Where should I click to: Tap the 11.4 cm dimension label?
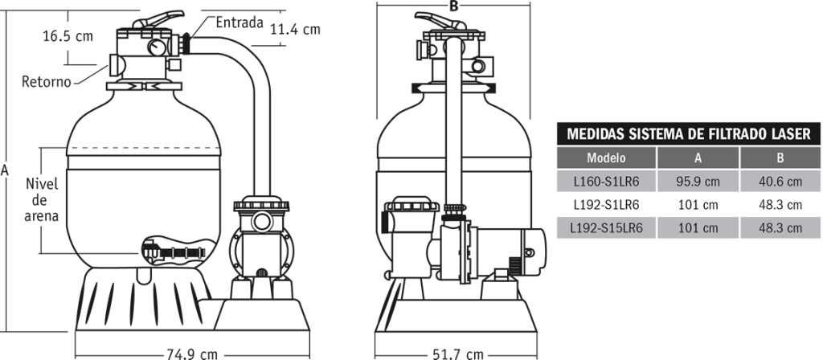pos(295,30)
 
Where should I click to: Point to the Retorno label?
pos(47,81)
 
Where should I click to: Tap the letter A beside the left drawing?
pos(6,170)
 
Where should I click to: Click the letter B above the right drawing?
pos(454,6)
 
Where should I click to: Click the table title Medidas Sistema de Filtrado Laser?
pos(688,134)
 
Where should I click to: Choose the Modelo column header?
pos(606,158)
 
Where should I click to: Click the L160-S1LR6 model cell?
pos(606,182)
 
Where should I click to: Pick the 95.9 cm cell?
pos(698,182)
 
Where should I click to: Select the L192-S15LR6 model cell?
pos(606,228)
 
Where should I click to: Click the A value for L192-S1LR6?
pos(698,205)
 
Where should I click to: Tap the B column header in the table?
pos(780,158)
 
